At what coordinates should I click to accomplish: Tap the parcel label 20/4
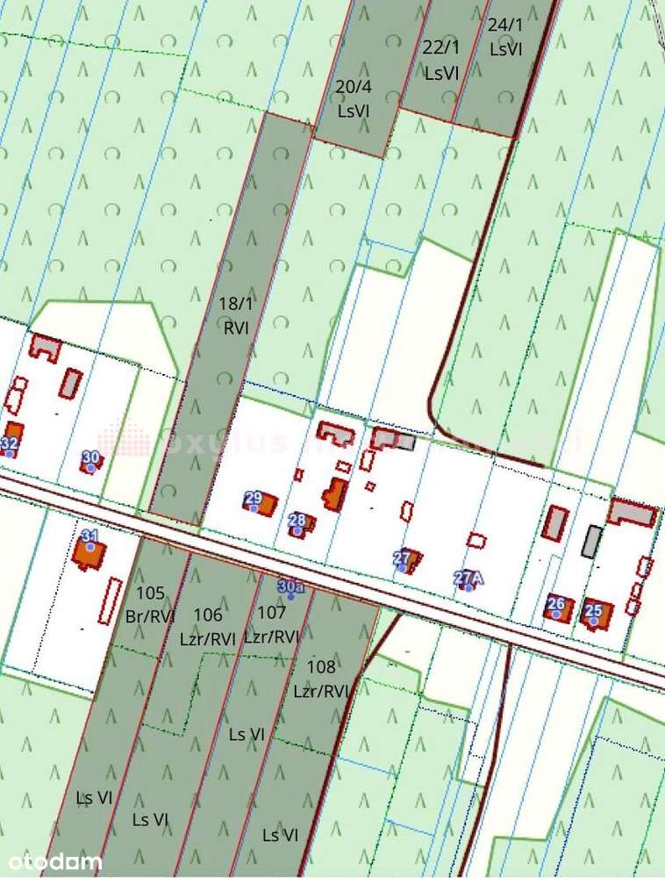[x=353, y=86]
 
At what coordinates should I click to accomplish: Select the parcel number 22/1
[x=441, y=48]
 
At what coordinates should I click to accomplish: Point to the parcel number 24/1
[x=505, y=25]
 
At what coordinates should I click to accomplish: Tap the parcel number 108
[x=322, y=668]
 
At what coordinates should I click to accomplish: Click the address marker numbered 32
[x=10, y=444]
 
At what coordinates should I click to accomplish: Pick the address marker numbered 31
[x=89, y=536]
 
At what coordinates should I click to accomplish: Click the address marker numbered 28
[x=297, y=520]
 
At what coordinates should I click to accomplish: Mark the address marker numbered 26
[x=555, y=604]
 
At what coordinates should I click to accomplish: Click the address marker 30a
[x=290, y=587]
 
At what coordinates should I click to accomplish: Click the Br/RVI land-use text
[x=151, y=616]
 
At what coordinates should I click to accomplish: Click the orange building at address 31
[x=88, y=553]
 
